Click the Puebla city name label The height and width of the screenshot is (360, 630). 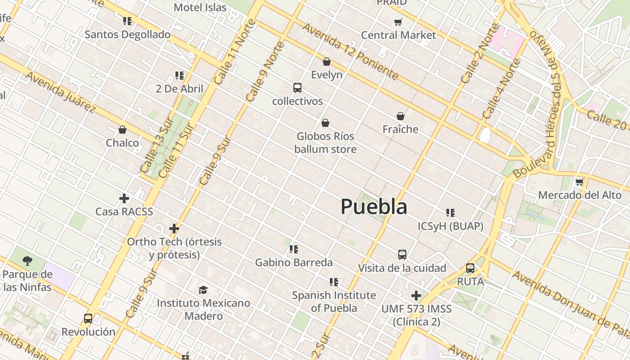[x=374, y=207]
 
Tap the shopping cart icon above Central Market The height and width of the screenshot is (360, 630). [x=398, y=22]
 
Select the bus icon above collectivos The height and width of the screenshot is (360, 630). [x=297, y=88]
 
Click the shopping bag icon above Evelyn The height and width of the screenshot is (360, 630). [x=327, y=62]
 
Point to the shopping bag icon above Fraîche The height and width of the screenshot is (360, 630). [x=400, y=116]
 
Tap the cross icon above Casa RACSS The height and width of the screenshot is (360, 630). [x=124, y=198]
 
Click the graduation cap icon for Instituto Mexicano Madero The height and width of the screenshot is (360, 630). [x=203, y=290]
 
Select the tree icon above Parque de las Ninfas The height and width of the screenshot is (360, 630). [x=27, y=261]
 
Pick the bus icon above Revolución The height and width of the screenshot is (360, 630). [x=88, y=319]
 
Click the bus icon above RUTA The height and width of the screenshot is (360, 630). [x=470, y=268]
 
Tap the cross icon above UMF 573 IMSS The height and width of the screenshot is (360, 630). [x=416, y=296]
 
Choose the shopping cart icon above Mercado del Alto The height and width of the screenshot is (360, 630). [x=580, y=182]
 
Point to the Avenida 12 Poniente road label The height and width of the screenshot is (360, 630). [x=350, y=51]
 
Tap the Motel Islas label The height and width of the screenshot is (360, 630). [x=200, y=7]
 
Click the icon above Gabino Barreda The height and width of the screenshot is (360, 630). [x=294, y=249]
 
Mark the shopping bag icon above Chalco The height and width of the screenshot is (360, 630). [x=122, y=130]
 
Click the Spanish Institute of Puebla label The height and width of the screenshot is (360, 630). [x=334, y=301]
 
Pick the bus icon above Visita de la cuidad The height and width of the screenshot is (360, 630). [x=402, y=255]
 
